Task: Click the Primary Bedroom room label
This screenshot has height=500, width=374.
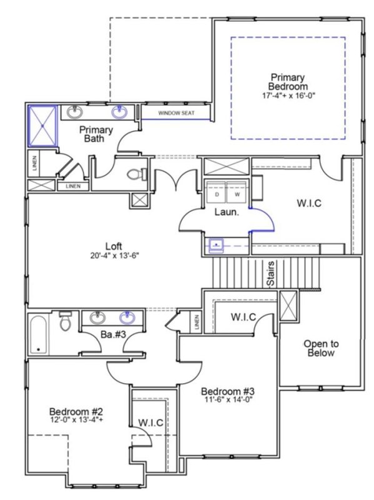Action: pos(288,79)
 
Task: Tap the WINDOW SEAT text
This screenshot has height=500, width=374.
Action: pos(176,113)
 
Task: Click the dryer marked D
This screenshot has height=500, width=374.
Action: pos(217,194)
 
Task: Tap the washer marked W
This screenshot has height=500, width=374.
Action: pos(237,194)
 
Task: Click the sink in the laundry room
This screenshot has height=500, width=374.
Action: pos(216,244)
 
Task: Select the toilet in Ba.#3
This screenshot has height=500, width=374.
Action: pos(65,323)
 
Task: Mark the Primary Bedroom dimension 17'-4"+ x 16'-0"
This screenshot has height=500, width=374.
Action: pos(288,97)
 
